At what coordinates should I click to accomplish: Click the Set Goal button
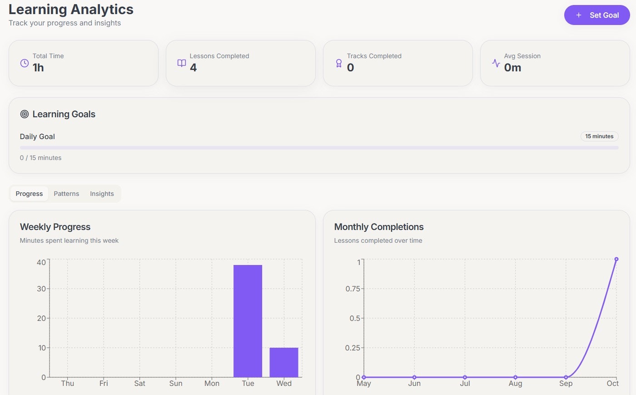[597, 15]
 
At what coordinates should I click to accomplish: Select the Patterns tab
[66, 194]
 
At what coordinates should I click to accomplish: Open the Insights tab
[102, 194]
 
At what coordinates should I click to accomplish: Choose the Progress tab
[29, 194]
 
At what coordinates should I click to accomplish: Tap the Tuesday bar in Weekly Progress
[248, 321]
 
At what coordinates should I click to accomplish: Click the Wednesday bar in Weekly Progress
[284, 362]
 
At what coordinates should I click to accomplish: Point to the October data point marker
[616, 259]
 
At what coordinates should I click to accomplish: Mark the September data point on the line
[566, 377]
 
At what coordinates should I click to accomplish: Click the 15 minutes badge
[599, 136]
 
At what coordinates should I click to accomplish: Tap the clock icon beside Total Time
[25, 63]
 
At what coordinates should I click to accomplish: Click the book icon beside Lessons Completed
[182, 63]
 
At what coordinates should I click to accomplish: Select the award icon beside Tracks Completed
[339, 63]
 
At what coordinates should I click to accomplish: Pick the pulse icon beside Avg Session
[496, 63]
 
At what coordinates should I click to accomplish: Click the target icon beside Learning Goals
[25, 114]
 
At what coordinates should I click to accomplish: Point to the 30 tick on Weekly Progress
[41, 289]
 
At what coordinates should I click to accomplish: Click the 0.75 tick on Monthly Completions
[353, 289]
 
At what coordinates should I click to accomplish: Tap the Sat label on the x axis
[139, 383]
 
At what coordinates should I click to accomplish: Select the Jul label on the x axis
[465, 383]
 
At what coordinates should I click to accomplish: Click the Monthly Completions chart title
[379, 227]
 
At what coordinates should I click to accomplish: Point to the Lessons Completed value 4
[194, 68]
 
